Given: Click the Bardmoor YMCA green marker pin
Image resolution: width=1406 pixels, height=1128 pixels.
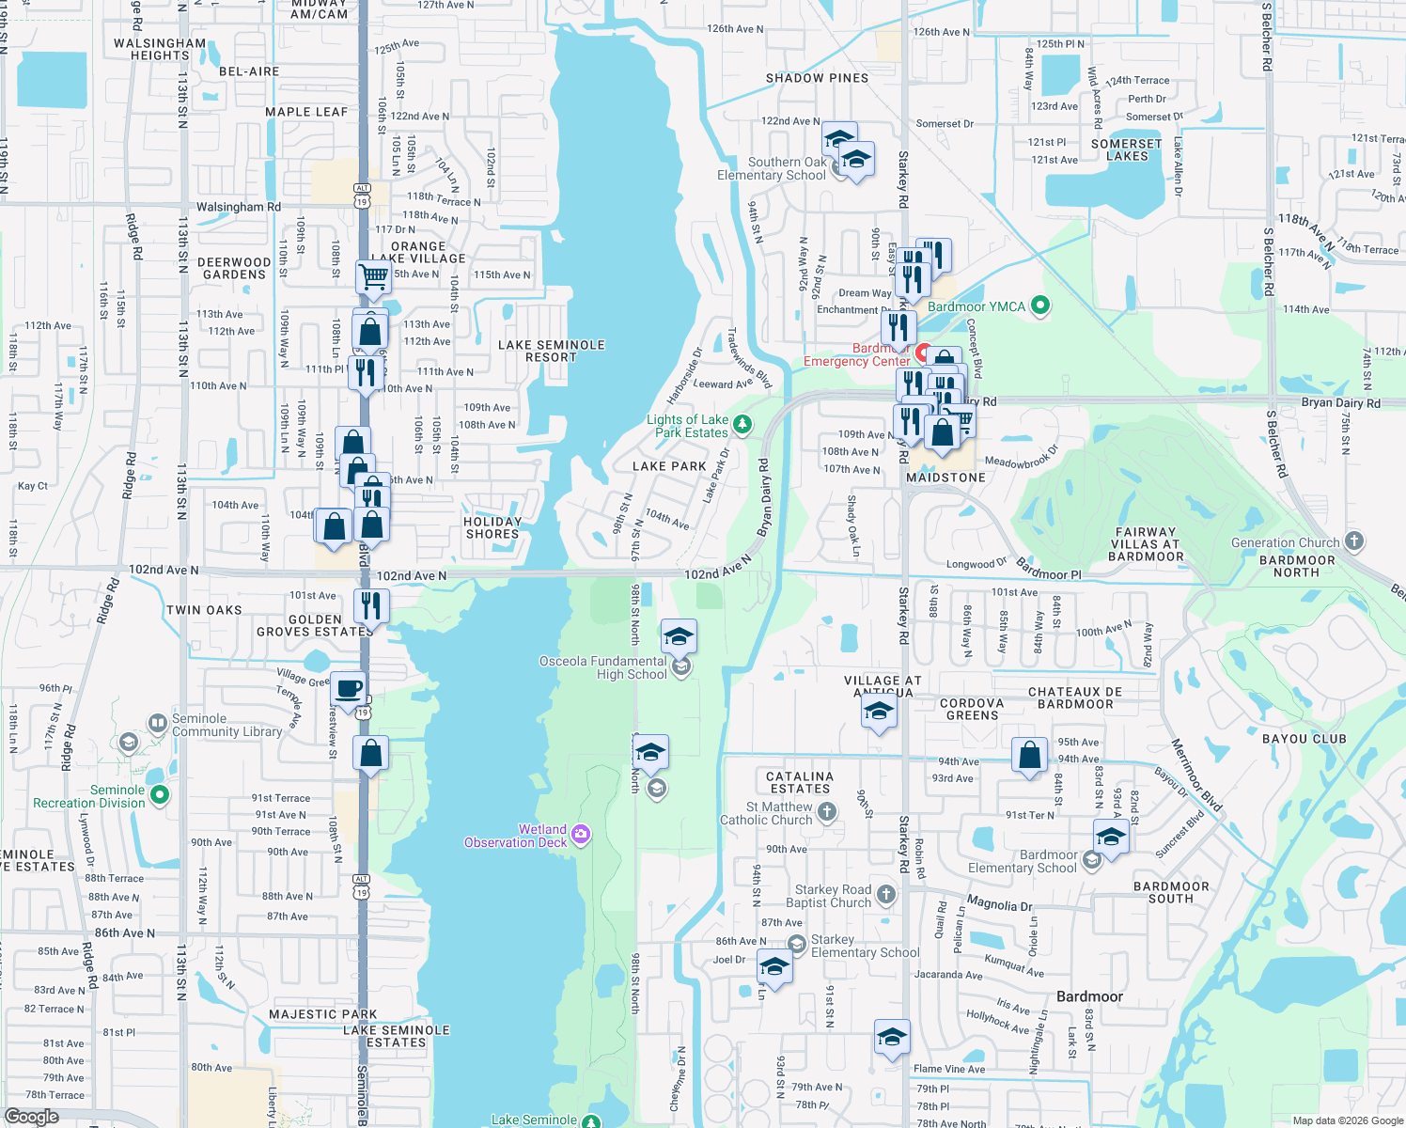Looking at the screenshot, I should tap(1039, 305).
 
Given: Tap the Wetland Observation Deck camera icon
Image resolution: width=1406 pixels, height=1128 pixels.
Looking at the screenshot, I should tap(581, 835).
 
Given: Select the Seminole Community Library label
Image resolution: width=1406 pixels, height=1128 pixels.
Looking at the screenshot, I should tap(227, 725).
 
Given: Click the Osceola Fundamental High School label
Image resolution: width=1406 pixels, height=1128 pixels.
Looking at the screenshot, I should tap(602, 667).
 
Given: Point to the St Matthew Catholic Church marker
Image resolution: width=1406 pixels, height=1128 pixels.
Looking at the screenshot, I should tap(827, 811).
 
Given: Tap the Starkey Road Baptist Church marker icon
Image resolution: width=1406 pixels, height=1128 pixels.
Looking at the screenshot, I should tap(886, 894).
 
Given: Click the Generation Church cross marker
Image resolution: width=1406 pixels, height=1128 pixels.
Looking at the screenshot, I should tap(1353, 540).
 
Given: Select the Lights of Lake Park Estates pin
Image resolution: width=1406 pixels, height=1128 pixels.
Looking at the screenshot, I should tap(742, 425).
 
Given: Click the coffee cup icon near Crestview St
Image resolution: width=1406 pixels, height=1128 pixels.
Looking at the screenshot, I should tap(348, 688).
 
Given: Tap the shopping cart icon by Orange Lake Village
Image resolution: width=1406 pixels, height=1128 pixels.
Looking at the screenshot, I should tap(373, 276).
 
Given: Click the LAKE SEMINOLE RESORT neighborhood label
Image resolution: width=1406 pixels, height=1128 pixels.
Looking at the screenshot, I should tap(551, 351).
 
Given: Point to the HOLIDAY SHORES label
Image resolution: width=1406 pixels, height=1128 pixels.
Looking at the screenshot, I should tap(492, 527).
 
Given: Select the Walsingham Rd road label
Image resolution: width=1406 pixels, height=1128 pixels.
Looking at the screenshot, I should tap(238, 207).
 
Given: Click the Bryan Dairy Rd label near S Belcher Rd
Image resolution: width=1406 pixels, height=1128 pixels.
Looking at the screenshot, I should tap(1340, 402).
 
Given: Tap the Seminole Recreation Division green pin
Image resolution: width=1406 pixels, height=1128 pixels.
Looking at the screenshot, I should tap(160, 795).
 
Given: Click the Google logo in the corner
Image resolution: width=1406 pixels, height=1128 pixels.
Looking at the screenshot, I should tap(31, 1117).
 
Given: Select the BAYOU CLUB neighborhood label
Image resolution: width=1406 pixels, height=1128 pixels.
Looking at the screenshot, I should tap(1304, 739).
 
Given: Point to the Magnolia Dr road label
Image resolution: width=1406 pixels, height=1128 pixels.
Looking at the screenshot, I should tap(999, 904).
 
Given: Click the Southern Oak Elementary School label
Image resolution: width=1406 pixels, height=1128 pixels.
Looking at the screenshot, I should tap(772, 168).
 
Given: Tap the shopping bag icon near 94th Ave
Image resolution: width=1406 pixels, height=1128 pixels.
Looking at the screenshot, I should tap(1030, 755).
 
